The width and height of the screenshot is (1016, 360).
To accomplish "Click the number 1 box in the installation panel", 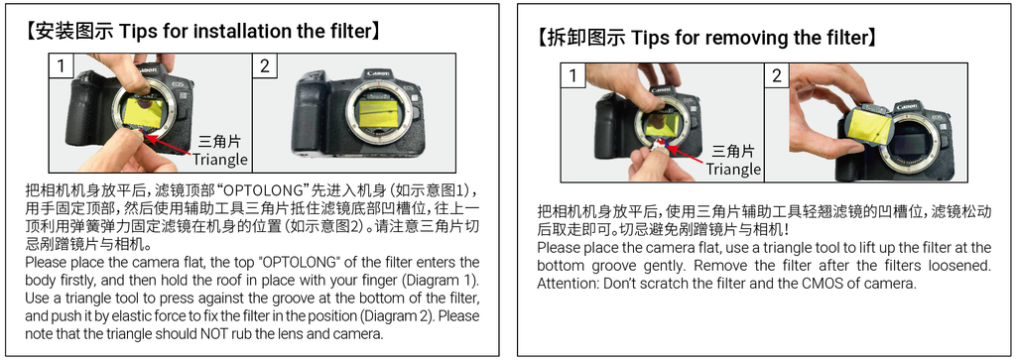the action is [62, 65].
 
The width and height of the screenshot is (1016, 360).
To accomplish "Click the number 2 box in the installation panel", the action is [264, 65].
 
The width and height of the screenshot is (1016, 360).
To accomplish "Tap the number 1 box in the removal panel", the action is [572, 75].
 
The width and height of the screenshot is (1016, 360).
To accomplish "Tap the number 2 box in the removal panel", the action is [776, 75].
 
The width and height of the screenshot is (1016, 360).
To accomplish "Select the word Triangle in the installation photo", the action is [220, 159].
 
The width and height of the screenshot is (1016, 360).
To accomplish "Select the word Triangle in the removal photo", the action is [733, 169].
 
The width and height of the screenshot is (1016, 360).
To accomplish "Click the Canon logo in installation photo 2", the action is [378, 73].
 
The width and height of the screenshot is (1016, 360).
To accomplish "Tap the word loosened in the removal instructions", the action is [961, 266].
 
